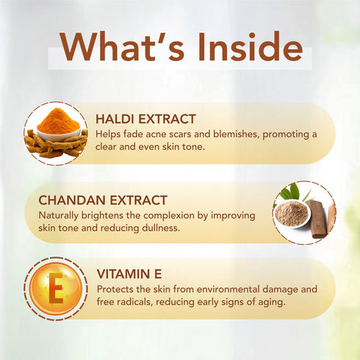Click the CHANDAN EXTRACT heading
(103, 199)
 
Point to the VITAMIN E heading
(129, 274)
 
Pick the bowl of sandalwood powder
(291, 212)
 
